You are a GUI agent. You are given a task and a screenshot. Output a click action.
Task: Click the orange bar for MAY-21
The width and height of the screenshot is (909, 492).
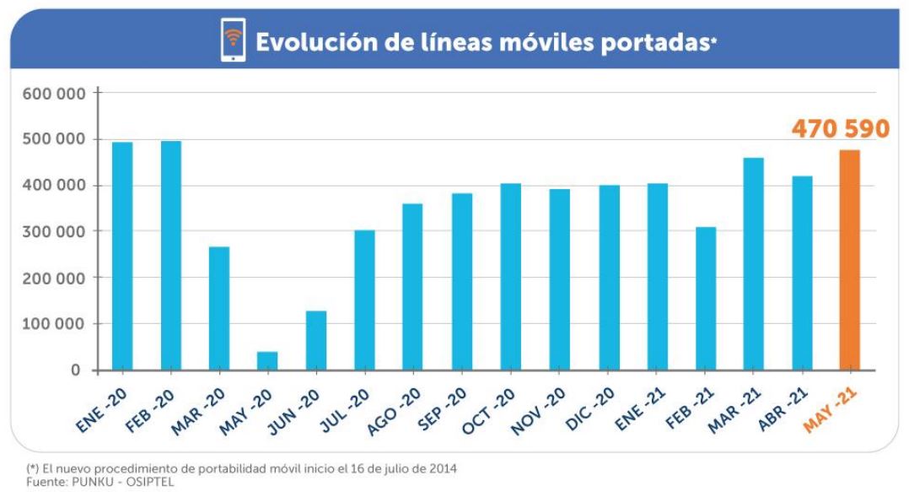coord(849,260)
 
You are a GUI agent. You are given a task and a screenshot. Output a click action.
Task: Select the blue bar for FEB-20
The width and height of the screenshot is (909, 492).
coord(171,255)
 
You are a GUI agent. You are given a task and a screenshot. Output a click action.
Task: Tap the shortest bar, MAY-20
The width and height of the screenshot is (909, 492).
coord(267,360)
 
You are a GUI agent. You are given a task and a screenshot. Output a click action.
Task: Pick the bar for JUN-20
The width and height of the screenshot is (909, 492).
coord(316,340)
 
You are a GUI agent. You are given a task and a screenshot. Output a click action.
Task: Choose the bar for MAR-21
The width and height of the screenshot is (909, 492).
coord(752,263)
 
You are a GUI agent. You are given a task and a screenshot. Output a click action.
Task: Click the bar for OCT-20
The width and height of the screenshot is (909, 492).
coord(510,276)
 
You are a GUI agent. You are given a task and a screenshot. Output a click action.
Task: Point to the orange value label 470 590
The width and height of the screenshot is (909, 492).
coord(840,129)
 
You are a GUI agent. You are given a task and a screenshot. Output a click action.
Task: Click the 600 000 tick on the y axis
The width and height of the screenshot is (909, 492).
coord(54,94)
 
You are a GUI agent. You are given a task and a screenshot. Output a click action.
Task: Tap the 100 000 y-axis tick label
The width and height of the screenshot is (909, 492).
coord(54,324)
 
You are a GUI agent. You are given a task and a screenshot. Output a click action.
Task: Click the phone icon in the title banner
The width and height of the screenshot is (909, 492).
coord(232,41)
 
